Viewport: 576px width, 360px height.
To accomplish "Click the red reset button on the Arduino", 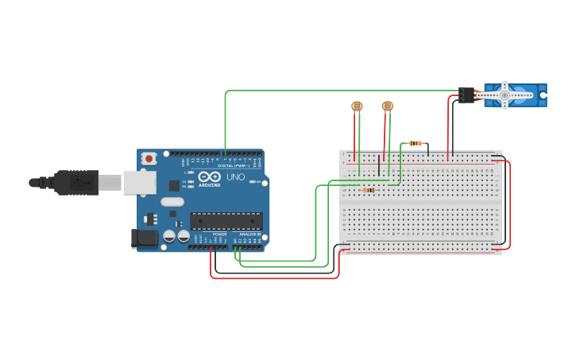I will click(x=149, y=159).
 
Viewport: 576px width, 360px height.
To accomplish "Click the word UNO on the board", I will click(x=236, y=177).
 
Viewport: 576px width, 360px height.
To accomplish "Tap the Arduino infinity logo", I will click(x=209, y=177).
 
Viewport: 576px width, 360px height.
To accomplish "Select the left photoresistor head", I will click(x=357, y=106).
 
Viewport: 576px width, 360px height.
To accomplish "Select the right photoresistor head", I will click(x=388, y=106).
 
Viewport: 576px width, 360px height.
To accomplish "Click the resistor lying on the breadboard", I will click(x=368, y=190).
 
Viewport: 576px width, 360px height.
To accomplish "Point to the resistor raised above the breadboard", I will click(x=416, y=143).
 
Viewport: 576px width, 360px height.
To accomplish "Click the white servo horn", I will click(x=504, y=95).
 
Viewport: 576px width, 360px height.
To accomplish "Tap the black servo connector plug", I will click(x=466, y=95).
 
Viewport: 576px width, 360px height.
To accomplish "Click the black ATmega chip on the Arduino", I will click(x=226, y=221).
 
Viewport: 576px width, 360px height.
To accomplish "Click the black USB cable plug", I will click(x=76, y=182).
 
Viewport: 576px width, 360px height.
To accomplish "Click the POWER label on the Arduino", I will click(x=219, y=234).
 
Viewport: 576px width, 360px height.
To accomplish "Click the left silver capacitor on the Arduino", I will click(x=170, y=236).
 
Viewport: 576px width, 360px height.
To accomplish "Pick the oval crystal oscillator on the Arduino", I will click(x=172, y=202).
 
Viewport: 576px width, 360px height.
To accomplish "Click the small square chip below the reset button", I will click(x=174, y=185).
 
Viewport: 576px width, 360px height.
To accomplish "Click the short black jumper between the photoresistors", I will click(x=379, y=168).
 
